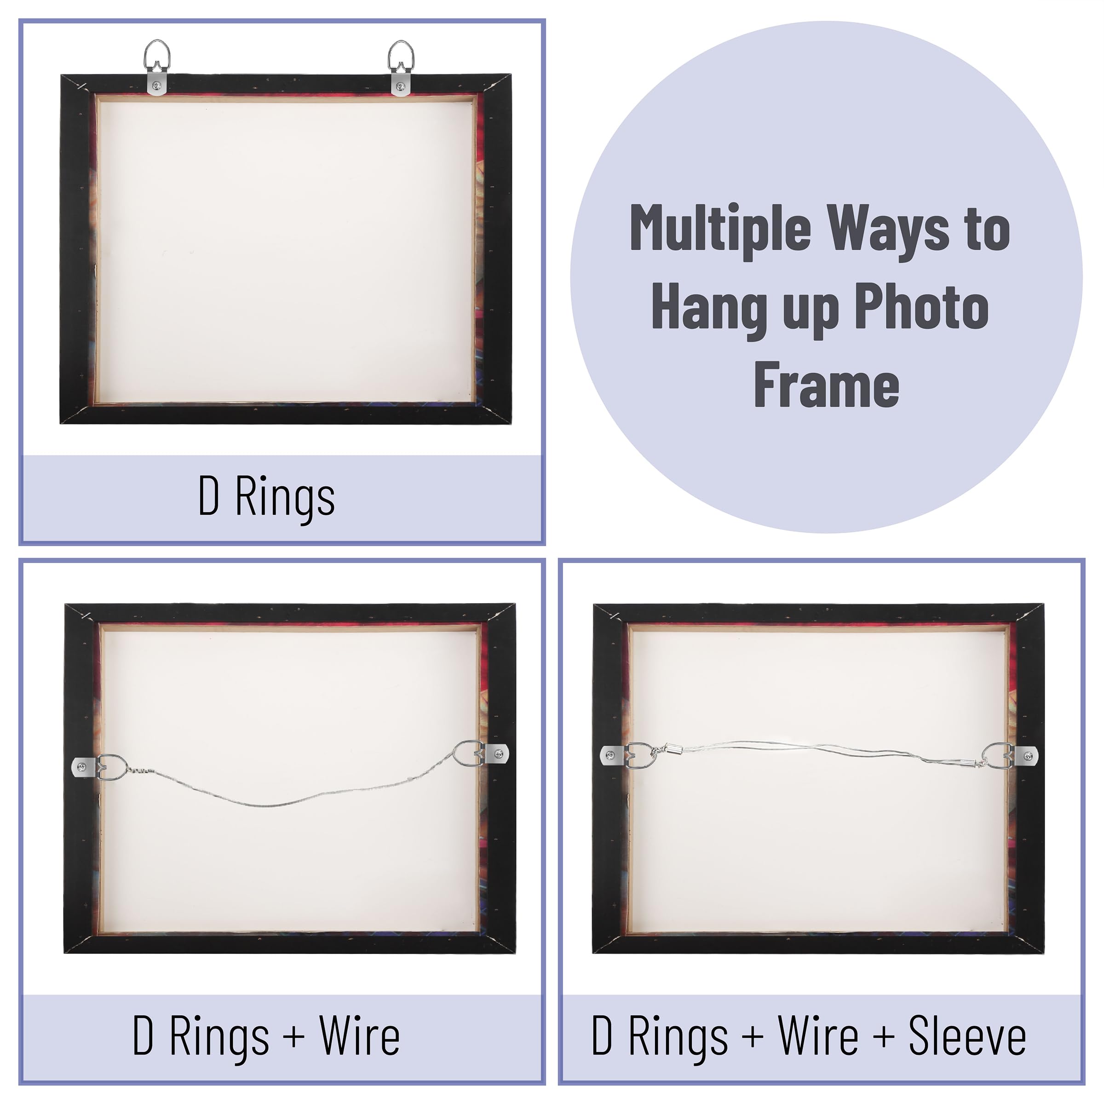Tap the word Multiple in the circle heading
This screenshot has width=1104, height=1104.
(x=720, y=228)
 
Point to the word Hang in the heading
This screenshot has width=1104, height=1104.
(x=708, y=309)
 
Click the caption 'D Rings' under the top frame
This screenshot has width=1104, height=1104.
(x=266, y=498)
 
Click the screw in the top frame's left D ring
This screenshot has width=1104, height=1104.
(x=157, y=86)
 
